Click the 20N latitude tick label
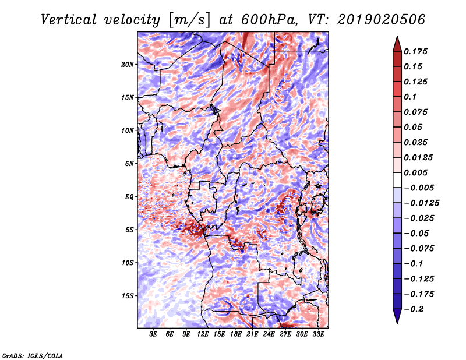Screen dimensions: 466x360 [x=127, y=65]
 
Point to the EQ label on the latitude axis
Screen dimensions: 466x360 [x=129, y=197]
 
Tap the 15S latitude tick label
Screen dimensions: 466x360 [x=127, y=296]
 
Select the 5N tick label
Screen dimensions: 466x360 [x=129, y=164]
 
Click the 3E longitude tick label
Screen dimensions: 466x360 [x=153, y=334]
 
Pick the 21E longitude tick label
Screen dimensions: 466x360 [x=252, y=334]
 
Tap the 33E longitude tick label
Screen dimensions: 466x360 [x=318, y=334]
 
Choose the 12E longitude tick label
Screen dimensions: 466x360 [x=202, y=334]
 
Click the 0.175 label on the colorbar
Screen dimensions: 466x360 [x=415, y=51]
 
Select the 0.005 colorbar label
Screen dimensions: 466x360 [x=415, y=172]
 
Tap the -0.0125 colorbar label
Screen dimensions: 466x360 [x=421, y=203]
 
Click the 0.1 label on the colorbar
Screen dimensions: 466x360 [x=410, y=97]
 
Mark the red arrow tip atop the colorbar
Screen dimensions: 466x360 [x=397, y=36]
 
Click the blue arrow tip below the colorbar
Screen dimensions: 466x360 [x=397, y=323]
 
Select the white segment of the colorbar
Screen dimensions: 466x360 [x=397, y=180]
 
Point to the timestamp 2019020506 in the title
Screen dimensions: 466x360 [x=381, y=20]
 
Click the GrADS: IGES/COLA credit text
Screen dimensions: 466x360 [x=33, y=355]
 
